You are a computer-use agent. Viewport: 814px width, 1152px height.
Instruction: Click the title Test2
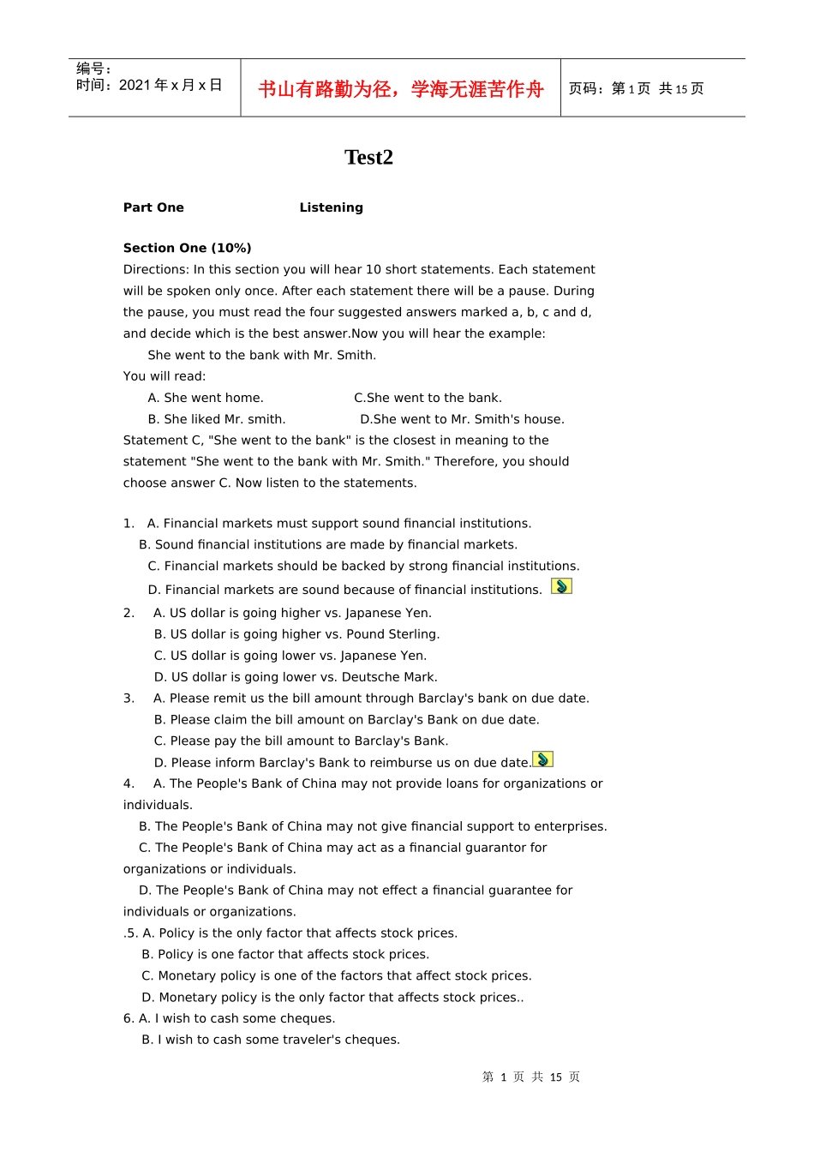(368, 157)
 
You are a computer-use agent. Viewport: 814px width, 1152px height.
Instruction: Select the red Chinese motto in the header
(400, 89)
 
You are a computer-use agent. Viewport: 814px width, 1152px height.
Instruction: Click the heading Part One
(153, 207)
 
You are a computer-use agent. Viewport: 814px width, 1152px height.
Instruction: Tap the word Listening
(331, 207)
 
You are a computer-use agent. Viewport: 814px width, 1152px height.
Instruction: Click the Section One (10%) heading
(187, 248)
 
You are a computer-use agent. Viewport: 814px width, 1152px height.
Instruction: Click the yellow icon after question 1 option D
(561, 586)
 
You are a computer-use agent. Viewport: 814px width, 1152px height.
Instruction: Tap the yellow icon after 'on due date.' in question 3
(542, 759)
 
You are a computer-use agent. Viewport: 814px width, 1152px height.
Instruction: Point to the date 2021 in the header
(135, 85)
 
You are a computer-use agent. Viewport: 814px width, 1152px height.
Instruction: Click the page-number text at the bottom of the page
(531, 1077)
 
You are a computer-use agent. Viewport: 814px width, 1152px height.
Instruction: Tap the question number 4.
(129, 783)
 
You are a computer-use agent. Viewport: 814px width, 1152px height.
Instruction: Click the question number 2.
(129, 613)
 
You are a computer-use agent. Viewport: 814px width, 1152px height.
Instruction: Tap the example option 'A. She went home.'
(206, 398)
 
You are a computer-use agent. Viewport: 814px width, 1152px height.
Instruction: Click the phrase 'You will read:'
(165, 376)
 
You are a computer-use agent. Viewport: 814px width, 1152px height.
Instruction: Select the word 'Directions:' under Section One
(157, 269)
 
